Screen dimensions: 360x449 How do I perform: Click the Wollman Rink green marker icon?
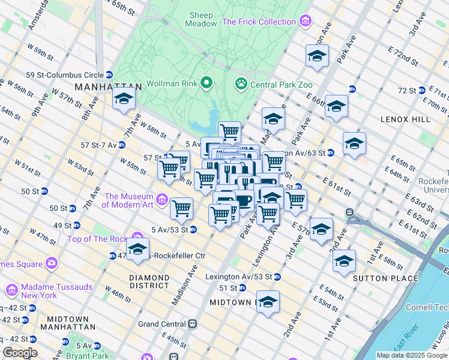click(207, 83)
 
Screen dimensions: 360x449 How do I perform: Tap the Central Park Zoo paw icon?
click(241, 83)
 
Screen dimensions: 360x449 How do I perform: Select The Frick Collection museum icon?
click(306, 22)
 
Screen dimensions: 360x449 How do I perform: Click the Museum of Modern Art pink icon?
click(161, 199)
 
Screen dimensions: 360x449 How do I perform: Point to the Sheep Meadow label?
click(202, 19)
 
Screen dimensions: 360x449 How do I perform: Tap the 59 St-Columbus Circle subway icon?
click(109, 75)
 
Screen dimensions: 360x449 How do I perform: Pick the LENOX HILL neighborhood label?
click(405, 119)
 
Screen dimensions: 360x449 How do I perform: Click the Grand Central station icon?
click(193, 324)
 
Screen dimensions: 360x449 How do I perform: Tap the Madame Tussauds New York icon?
click(11, 291)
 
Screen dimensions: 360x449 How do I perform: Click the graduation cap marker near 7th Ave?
click(124, 99)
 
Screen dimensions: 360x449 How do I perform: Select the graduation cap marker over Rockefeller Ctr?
click(137, 248)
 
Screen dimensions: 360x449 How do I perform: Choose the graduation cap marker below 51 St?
click(268, 302)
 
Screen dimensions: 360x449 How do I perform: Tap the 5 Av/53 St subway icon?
click(193, 229)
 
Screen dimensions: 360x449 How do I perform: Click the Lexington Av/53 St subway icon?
click(277, 277)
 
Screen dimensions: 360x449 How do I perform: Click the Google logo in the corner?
click(19, 353)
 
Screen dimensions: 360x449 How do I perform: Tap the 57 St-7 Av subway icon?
click(122, 145)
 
